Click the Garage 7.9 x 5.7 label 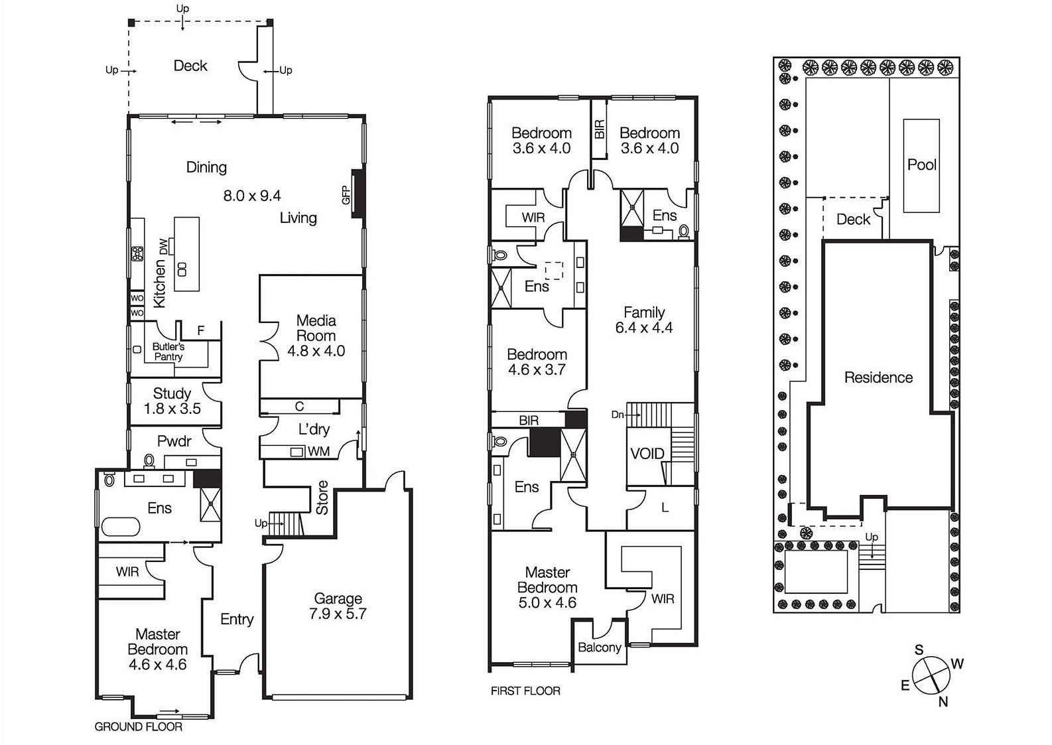[338, 606]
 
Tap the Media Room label [316, 328]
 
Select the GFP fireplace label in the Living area [346, 195]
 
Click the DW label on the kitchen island [163, 247]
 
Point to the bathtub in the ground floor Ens [121, 527]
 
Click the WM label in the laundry [319, 451]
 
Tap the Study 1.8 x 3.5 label [172, 401]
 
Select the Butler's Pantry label [168, 352]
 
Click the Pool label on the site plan [921, 165]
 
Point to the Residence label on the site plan [878, 377]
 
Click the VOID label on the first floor [647, 453]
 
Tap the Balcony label [600, 647]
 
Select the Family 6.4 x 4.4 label [644, 319]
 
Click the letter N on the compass [943, 702]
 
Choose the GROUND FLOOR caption [139, 726]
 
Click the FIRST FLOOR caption [525, 691]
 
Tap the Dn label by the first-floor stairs [618, 415]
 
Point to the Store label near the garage [322, 498]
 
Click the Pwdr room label [174, 441]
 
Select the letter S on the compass [919, 649]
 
